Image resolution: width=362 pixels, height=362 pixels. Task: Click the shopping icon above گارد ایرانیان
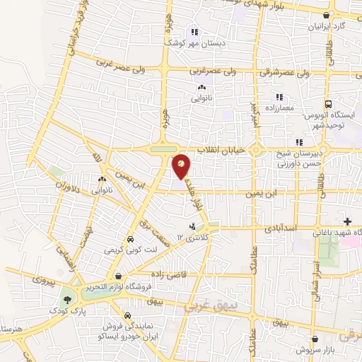coord(326,15)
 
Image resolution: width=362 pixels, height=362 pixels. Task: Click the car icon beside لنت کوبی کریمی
coord(129,239)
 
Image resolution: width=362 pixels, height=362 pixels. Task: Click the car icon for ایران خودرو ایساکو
coord(126,315)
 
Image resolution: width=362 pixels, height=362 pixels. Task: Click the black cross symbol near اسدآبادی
coord(347,221)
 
